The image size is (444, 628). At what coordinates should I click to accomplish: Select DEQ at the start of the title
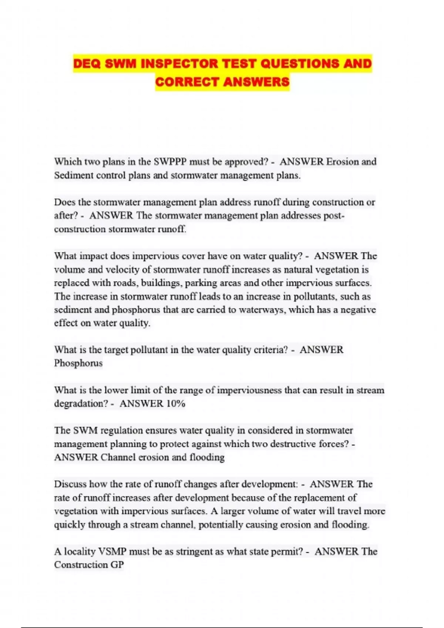[x=87, y=64]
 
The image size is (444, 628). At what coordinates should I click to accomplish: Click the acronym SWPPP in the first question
[x=170, y=162]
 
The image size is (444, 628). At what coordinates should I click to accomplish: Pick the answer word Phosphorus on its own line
[x=78, y=363]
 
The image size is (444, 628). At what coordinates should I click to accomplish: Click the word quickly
[x=70, y=525]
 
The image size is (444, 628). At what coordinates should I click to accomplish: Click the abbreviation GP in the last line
[x=117, y=565]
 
